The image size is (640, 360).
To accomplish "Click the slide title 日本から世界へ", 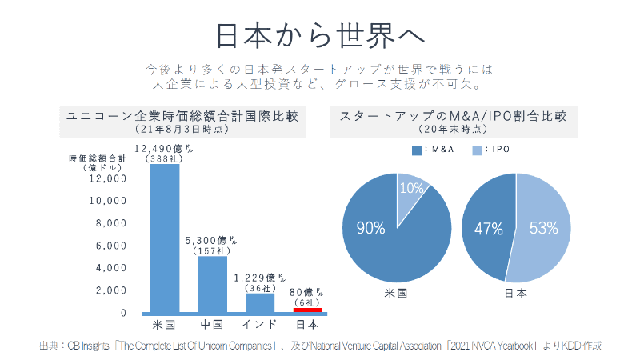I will click(x=319, y=35).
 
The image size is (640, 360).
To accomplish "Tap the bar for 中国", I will click(x=213, y=284).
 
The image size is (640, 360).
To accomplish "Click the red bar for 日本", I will click(x=307, y=310).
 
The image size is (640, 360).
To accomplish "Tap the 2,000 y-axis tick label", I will click(x=111, y=290).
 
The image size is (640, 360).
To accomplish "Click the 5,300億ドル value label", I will click(x=212, y=240).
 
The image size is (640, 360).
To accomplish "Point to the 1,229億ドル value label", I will click(x=260, y=278).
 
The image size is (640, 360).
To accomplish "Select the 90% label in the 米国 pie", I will click(x=371, y=228).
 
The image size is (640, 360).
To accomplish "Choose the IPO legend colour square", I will click(x=476, y=150).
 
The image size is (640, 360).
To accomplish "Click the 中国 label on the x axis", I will click(x=212, y=326).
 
